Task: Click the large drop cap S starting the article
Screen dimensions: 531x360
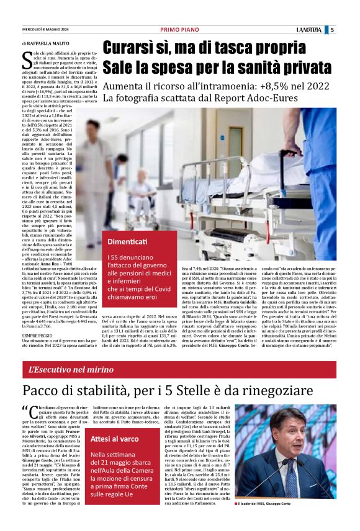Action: click(27, 61)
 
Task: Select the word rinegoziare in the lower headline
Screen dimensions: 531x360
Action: click(282, 391)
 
